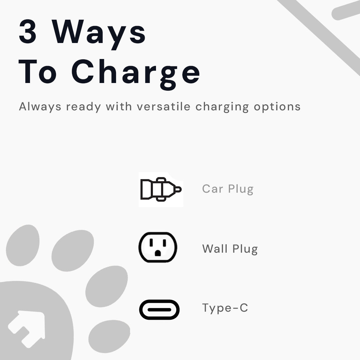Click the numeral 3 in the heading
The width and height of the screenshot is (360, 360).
tap(28, 32)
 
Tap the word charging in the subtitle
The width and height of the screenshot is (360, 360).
tap(222, 107)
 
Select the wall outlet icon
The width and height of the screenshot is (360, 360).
tap(158, 247)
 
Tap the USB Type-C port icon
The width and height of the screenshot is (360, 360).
tap(159, 310)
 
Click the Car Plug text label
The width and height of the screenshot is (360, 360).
tap(228, 189)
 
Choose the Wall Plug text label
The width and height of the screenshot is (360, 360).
tap(230, 249)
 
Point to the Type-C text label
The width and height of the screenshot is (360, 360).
tap(225, 308)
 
